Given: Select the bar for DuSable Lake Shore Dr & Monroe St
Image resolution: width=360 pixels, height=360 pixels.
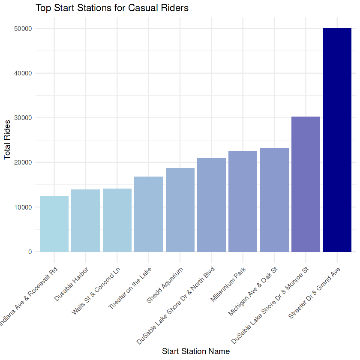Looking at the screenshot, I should pos(306,184).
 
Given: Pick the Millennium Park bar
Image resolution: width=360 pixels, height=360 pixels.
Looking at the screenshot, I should pos(243,201).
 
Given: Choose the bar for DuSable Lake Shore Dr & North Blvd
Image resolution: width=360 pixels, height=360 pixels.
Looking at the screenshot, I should pos(211,205).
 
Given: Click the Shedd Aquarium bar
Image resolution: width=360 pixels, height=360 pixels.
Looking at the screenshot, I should pos(180,210).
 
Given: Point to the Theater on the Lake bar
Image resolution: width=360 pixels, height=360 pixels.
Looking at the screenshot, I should pos(148,214).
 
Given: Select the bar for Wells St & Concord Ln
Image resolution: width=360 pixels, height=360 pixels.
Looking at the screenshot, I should pos(117,220).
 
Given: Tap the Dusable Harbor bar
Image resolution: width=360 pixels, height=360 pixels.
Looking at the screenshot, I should pos(85,221).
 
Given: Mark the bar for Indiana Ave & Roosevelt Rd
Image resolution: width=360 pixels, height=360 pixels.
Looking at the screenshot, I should pos(54,224).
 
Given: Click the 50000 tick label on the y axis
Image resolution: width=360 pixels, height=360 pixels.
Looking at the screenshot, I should pos(24,29).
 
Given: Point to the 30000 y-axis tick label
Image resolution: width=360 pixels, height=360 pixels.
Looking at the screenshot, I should pos(24,118).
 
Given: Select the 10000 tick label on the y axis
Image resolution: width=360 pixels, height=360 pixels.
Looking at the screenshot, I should pos(24,207).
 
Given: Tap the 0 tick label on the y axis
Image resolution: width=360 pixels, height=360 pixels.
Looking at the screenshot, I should pos(30,252).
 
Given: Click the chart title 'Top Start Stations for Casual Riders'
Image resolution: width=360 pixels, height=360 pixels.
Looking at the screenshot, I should pos(112,8).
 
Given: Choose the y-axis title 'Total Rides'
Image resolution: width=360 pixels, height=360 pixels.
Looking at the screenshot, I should pos(7,140).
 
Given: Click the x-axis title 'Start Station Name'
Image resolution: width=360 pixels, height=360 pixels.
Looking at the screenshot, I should pos(196,351).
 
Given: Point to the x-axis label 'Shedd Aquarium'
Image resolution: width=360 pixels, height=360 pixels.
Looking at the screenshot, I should pos(165,285).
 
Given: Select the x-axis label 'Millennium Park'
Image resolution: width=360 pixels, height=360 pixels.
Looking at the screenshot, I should pos(228,285).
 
